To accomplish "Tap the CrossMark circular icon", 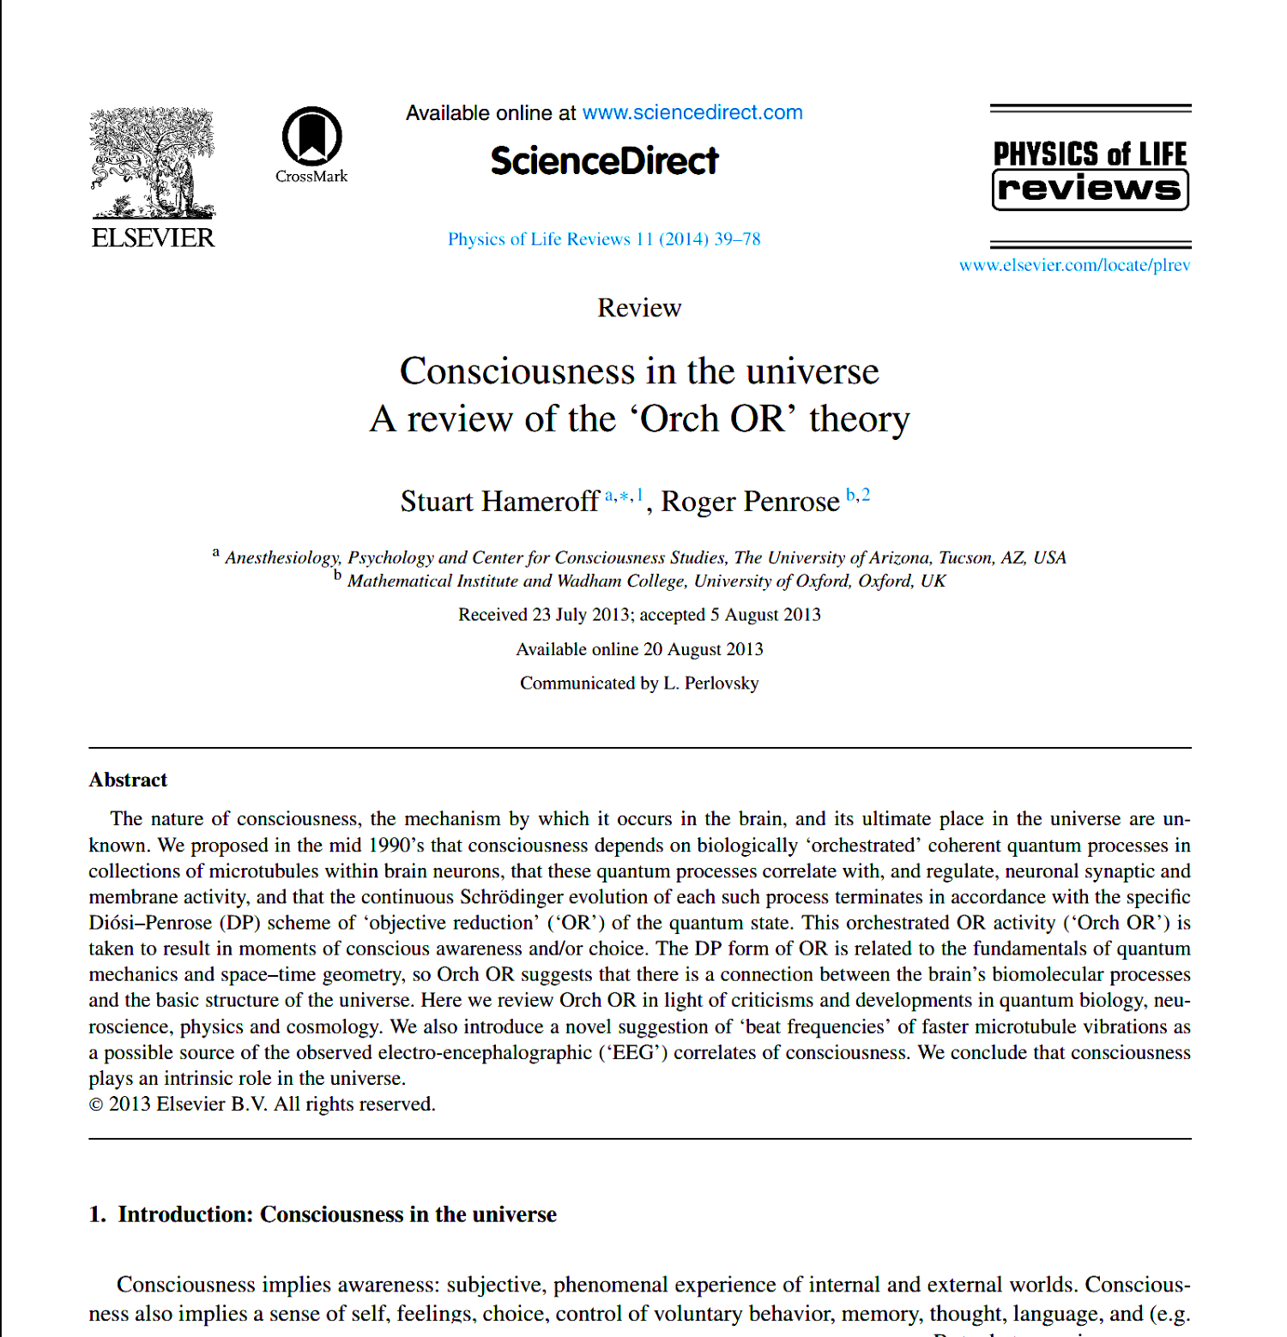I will [312, 136].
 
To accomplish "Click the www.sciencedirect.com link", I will [692, 112].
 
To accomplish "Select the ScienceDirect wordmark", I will [604, 161].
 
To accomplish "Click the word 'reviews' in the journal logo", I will [1090, 189].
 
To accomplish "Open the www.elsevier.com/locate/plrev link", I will [1074, 265].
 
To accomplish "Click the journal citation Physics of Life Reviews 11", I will [603, 239].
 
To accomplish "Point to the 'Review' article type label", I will [639, 308].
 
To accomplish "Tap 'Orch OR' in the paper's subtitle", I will [712, 419].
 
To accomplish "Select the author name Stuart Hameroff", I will [499, 502].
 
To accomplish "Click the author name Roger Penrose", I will [750, 502].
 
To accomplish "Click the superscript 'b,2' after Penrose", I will [858, 495].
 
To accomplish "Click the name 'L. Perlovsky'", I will [710, 684].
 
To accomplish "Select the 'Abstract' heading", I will [128, 780].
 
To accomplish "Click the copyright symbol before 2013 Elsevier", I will [96, 1105].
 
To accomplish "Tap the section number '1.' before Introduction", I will [97, 1214].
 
